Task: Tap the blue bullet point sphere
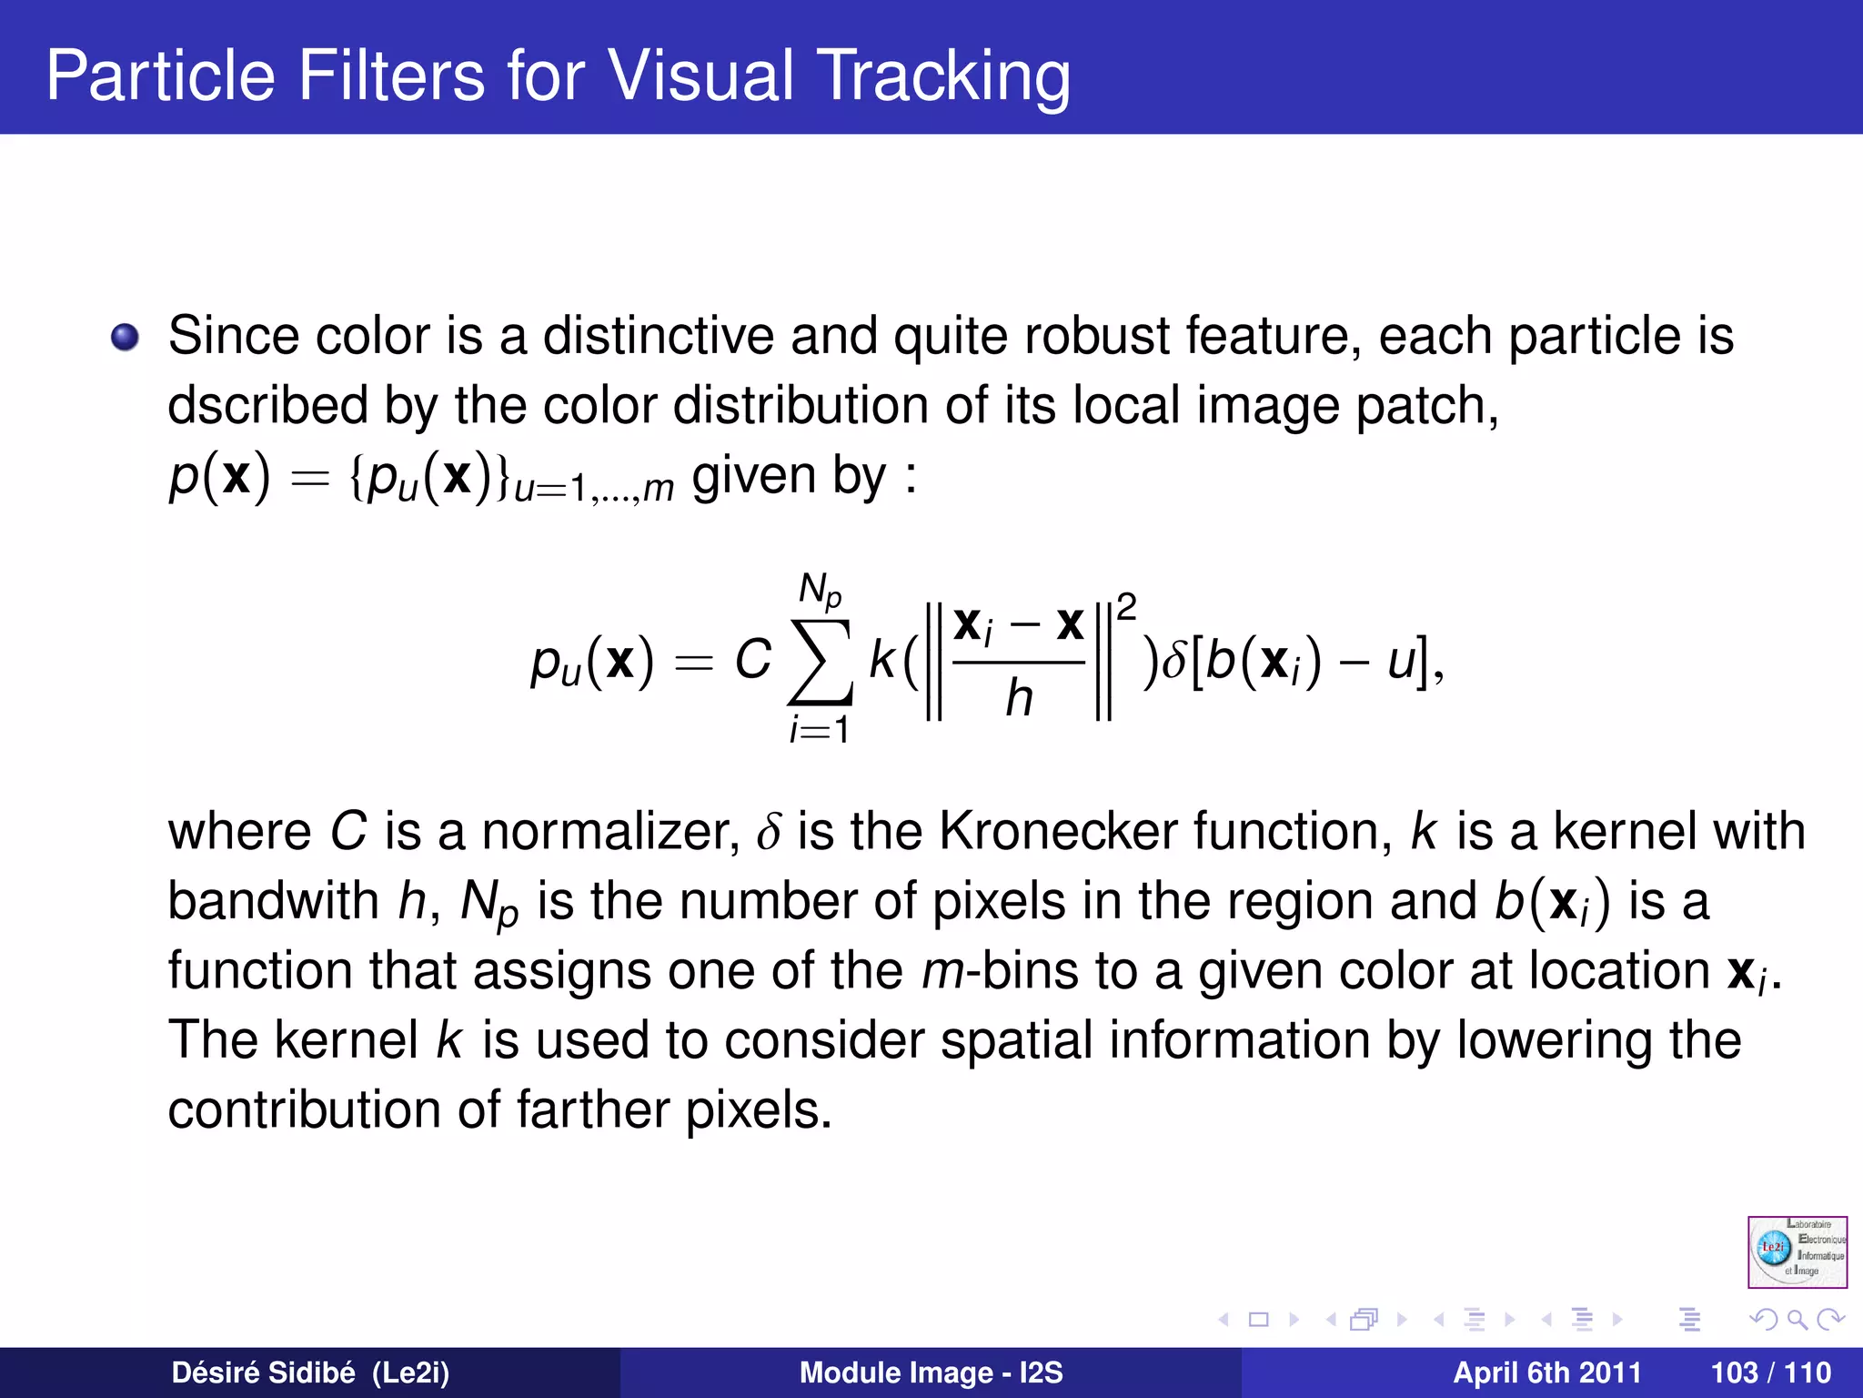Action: click(125, 338)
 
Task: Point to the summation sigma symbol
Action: click(821, 662)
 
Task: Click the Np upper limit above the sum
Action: click(820, 591)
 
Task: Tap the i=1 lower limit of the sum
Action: click(820, 730)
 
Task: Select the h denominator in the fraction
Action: click(1019, 699)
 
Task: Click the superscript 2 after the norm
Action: click(1126, 607)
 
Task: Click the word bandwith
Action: click(273, 901)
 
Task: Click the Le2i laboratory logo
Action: click(1797, 1251)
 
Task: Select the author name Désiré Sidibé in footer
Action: click(264, 1373)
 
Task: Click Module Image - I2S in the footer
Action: click(931, 1373)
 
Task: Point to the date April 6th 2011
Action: click(1546, 1373)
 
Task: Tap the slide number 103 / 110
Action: click(1770, 1373)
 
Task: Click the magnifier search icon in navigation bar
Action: click(1797, 1319)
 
